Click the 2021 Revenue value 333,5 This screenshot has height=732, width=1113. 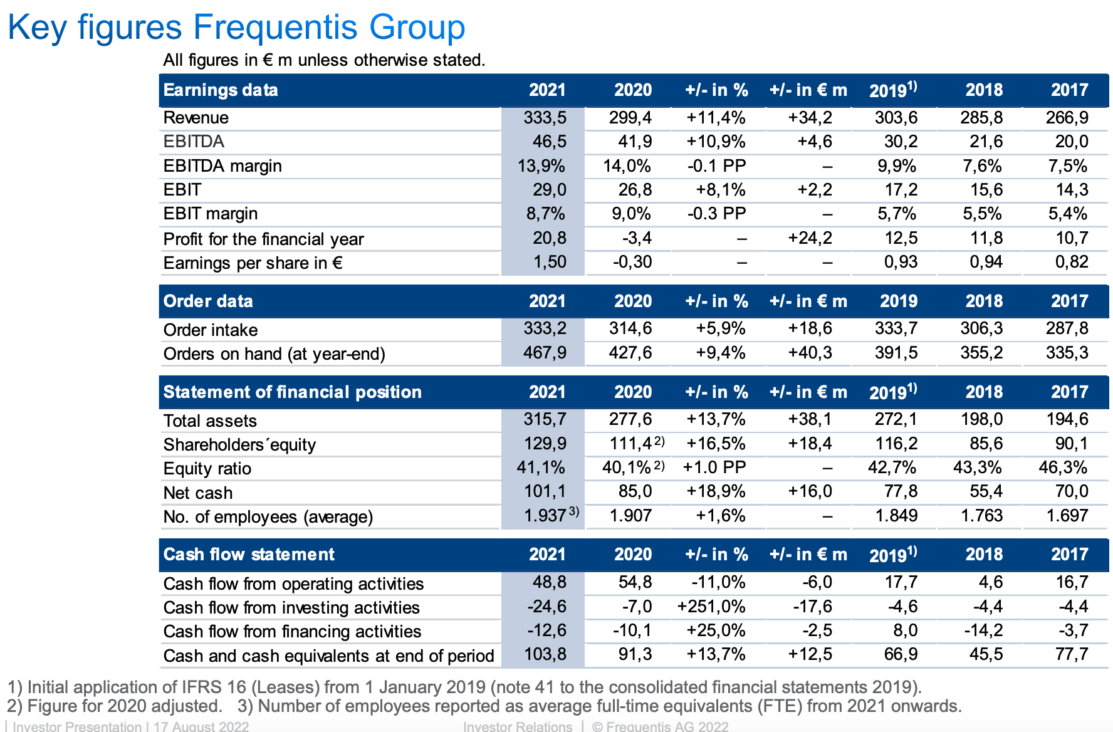(x=545, y=118)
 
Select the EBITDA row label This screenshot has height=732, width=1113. (x=194, y=142)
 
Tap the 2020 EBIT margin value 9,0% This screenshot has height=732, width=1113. (x=631, y=214)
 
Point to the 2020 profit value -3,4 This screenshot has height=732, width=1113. (x=637, y=238)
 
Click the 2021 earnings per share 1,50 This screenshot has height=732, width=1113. (x=550, y=262)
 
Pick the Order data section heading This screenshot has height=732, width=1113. (x=208, y=301)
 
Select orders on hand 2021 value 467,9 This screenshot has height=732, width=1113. (x=545, y=353)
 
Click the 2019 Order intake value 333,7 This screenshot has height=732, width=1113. (x=896, y=328)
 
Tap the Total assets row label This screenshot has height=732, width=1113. (x=210, y=421)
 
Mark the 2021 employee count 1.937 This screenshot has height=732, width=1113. (x=545, y=516)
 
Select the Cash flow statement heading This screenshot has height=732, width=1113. (x=249, y=555)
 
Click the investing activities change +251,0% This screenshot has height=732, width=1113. (x=711, y=607)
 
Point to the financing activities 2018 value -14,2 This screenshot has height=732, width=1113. (x=983, y=630)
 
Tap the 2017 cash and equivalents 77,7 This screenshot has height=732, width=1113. (x=1072, y=655)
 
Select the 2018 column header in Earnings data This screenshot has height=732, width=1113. (x=984, y=90)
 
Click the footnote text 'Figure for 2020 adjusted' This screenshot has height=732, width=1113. (x=125, y=706)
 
